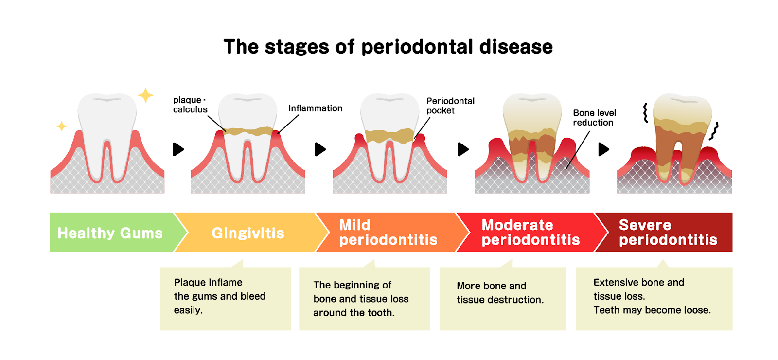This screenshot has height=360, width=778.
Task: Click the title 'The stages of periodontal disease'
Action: pos(388,47)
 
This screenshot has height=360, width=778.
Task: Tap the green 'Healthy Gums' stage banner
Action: pos(111,233)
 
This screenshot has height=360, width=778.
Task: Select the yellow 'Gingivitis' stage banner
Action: pos(248,233)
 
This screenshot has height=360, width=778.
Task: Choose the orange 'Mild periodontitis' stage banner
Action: pos(388,232)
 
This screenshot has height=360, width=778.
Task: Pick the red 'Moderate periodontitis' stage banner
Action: pos(530,232)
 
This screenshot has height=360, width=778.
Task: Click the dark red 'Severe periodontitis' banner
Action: pos(668,232)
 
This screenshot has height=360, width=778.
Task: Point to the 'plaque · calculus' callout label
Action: pos(190,105)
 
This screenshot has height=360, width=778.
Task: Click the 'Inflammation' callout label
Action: pos(315,108)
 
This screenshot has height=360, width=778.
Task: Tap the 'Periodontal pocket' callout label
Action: pos(450,106)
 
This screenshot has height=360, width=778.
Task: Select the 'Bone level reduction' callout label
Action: pos(594,118)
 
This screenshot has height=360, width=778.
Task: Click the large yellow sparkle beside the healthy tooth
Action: pos(145,95)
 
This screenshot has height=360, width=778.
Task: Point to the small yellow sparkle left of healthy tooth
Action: pos(62,126)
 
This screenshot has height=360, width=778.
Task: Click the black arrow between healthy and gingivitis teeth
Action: pos(178,149)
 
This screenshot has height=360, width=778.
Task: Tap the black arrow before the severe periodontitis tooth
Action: pos(603,149)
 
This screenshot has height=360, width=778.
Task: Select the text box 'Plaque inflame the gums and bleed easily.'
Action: pos(225,298)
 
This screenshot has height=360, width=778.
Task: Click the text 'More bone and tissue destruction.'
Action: pos(500,292)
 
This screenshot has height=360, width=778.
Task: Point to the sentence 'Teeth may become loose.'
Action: pos(652,310)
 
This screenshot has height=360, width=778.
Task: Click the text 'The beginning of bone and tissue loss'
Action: pos(361,292)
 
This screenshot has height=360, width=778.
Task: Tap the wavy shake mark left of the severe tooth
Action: pos(645,112)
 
